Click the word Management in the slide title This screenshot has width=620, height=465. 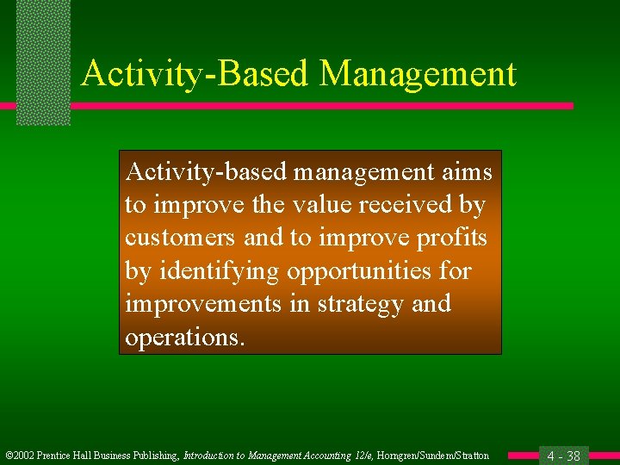(x=418, y=74)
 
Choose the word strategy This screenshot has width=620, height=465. (x=360, y=305)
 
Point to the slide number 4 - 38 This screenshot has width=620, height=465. (x=563, y=456)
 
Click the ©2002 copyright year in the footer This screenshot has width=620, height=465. (x=19, y=456)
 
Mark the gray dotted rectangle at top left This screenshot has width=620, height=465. (x=43, y=62)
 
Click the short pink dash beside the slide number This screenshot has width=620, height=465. (x=523, y=455)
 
